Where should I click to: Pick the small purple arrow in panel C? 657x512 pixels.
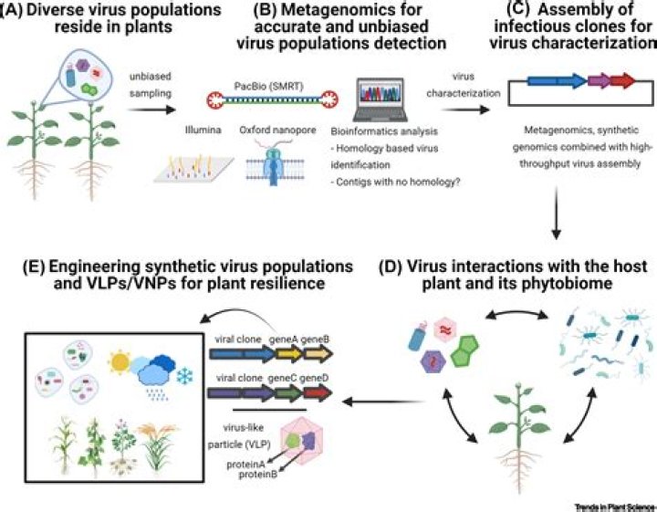coord(573,82)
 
